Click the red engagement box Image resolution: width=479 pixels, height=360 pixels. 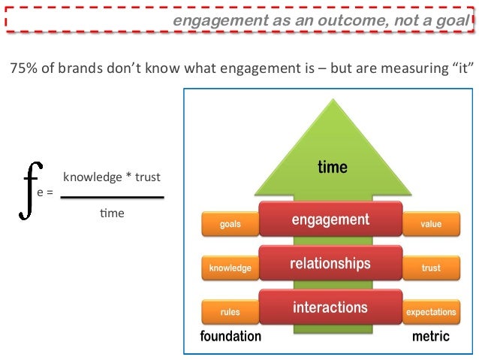coord(330,220)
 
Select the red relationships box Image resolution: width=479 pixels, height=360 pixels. coord(330,264)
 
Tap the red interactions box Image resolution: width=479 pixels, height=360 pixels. coord(330,307)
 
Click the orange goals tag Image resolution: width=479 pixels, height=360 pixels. coord(230,224)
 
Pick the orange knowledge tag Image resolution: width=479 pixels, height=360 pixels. coord(230,268)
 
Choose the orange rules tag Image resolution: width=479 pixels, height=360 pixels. coord(230,311)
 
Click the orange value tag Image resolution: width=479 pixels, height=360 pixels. coord(431,224)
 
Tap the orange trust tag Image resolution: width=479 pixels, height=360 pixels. coord(431,268)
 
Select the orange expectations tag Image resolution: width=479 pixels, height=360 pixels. coord(431,311)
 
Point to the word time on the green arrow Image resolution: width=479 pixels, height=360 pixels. coord(332,167)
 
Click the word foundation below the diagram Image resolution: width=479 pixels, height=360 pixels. coord(230,336)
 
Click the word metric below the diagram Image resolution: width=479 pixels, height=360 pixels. coord(431,336)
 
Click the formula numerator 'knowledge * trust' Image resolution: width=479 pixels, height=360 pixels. coord(112,177)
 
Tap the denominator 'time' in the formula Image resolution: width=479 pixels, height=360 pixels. coord(112,213)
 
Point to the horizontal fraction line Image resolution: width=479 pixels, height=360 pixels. coord(112,197)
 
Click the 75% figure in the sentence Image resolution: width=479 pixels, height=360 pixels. coord(23,71)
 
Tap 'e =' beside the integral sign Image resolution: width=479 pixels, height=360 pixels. coord(45,193)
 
